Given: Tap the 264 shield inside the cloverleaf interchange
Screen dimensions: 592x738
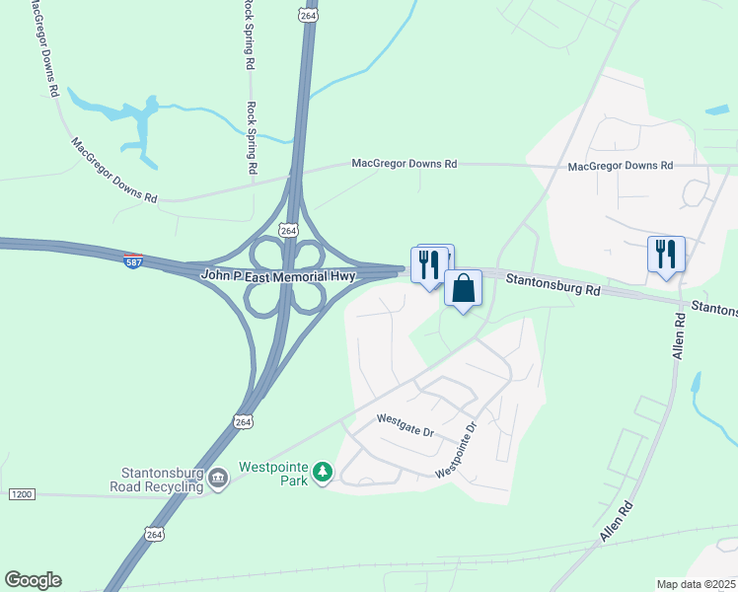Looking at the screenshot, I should tap(287, 229).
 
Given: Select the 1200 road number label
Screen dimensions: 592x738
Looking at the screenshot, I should tap(21, 492).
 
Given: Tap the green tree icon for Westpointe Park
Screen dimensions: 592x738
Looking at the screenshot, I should tap(322, 474).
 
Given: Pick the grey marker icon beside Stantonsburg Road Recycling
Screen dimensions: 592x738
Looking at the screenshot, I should tap(218, 480).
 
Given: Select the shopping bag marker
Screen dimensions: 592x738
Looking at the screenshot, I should tap(463, 289).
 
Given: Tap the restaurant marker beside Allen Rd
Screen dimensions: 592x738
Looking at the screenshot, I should tap(666, 254).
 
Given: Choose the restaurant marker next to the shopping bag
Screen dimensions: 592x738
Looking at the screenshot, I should tap(429, 264).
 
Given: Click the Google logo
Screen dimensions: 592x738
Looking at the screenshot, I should tap(33, 580).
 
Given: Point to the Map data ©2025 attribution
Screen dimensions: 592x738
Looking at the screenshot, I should tap(696, 584).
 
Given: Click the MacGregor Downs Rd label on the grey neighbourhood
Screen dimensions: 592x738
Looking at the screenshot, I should tap(620, 166).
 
